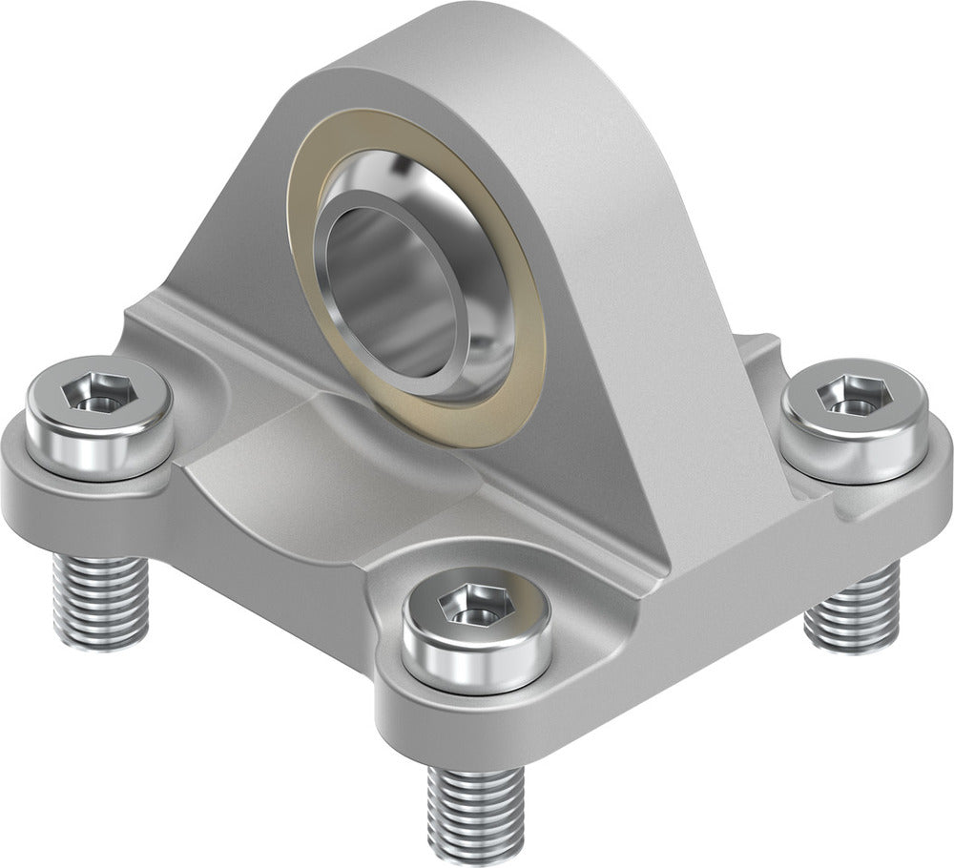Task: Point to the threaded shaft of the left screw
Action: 100,596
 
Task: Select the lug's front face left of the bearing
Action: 238,238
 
